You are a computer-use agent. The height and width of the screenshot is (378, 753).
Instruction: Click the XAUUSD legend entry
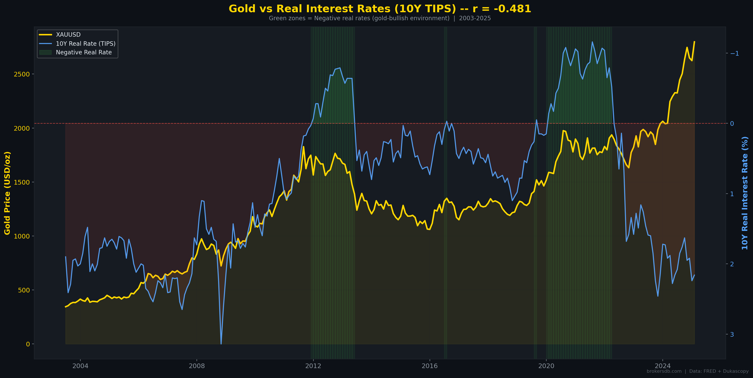[x=68, y=35]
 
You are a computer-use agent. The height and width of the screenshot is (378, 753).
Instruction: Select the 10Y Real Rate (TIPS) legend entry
[x=85, y=44]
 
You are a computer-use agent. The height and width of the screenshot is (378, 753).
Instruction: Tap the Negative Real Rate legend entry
[x=84, y=52]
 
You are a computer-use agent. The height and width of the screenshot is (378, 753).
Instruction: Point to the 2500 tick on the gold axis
[x=22, y=74]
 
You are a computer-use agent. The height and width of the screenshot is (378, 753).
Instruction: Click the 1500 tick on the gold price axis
[x=22, y=182]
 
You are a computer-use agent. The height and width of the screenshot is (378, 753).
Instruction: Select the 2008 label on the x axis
[x=197, y=366]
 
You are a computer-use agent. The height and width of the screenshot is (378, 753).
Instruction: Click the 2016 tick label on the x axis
[x=430, y=366]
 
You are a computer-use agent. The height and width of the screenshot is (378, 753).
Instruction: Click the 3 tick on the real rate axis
[x=732, y=334]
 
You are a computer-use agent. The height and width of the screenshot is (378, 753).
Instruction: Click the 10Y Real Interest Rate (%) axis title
[x=745, y=193]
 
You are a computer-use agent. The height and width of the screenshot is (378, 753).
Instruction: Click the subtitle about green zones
[x=380, y=18]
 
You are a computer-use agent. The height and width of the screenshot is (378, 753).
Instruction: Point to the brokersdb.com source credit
[x=664, y=371]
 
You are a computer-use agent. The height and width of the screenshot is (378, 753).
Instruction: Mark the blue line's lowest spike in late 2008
[x=221, y=343]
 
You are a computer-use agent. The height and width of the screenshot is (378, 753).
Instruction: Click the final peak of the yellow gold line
[x=694, y=42]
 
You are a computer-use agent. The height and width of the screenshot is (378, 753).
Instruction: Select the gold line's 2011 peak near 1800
[x=304, y=147]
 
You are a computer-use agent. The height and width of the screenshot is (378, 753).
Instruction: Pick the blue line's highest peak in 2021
[x=592, y=42]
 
